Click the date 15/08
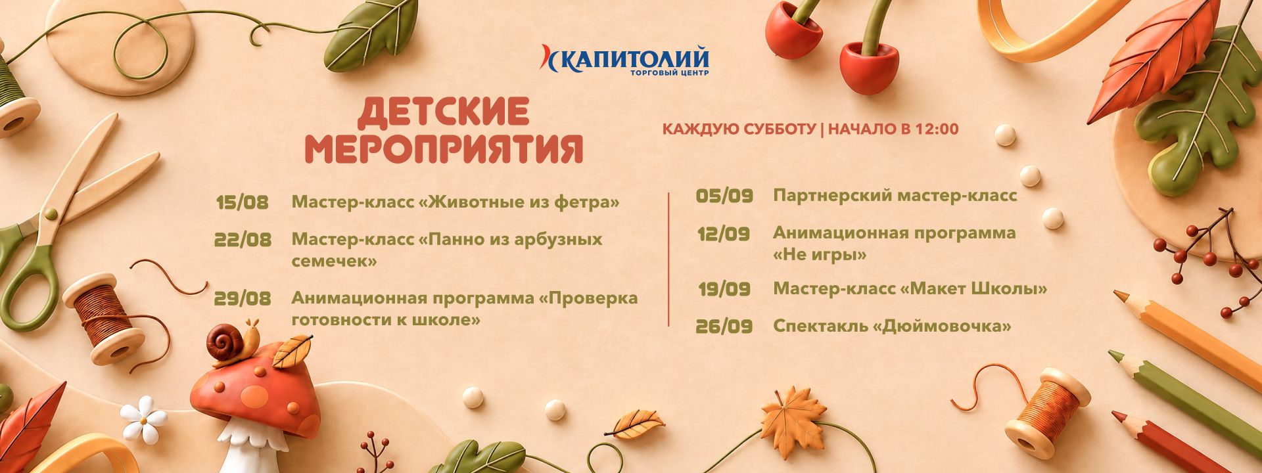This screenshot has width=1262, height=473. pyautogui.click(x=243, y=202)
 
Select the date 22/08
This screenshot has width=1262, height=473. pyautogui.click(x=243, y=240)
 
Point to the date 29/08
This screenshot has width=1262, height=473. pyautogui.click(x=243, y=299)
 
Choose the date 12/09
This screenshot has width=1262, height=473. pyautogui.click(x=724, y=234)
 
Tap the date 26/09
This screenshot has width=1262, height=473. pyautogui.click(x=724, y=327)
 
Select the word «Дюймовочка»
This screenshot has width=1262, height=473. pyautogui.click(x=943, y=327)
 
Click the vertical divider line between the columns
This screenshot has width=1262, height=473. pyautogui.click(x=668, y=259)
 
